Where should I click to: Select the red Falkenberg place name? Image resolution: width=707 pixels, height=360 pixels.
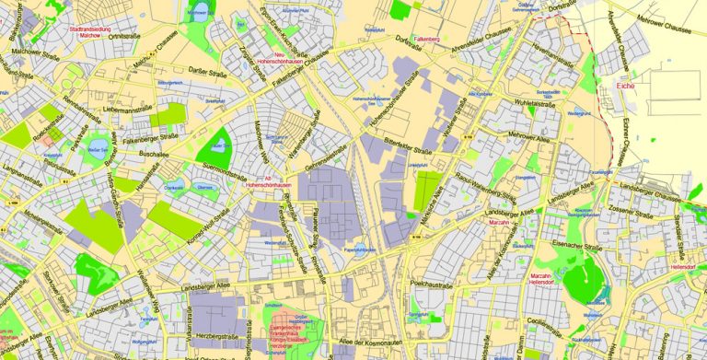(x=426, y=40)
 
